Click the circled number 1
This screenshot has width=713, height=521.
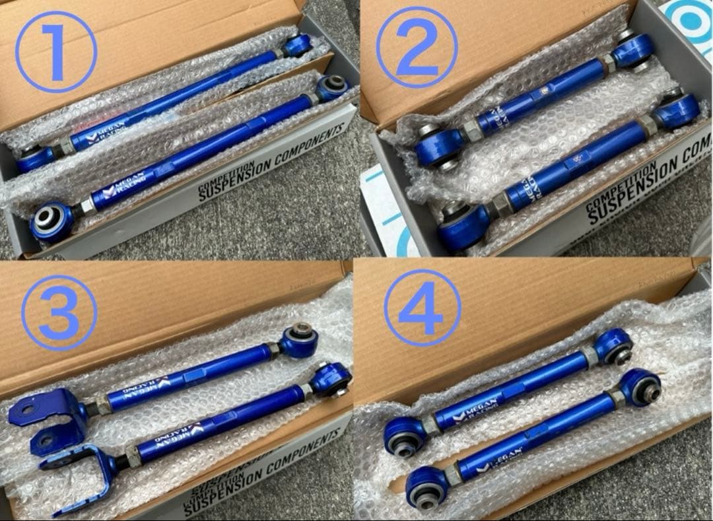(x=56, y=51)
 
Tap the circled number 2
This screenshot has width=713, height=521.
(x=417, y=48)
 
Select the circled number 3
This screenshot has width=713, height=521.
(x=59, y=312)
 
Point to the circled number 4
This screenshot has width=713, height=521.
(x=423, y=308)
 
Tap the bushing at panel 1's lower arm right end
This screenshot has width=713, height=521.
(x=332, y=86)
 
